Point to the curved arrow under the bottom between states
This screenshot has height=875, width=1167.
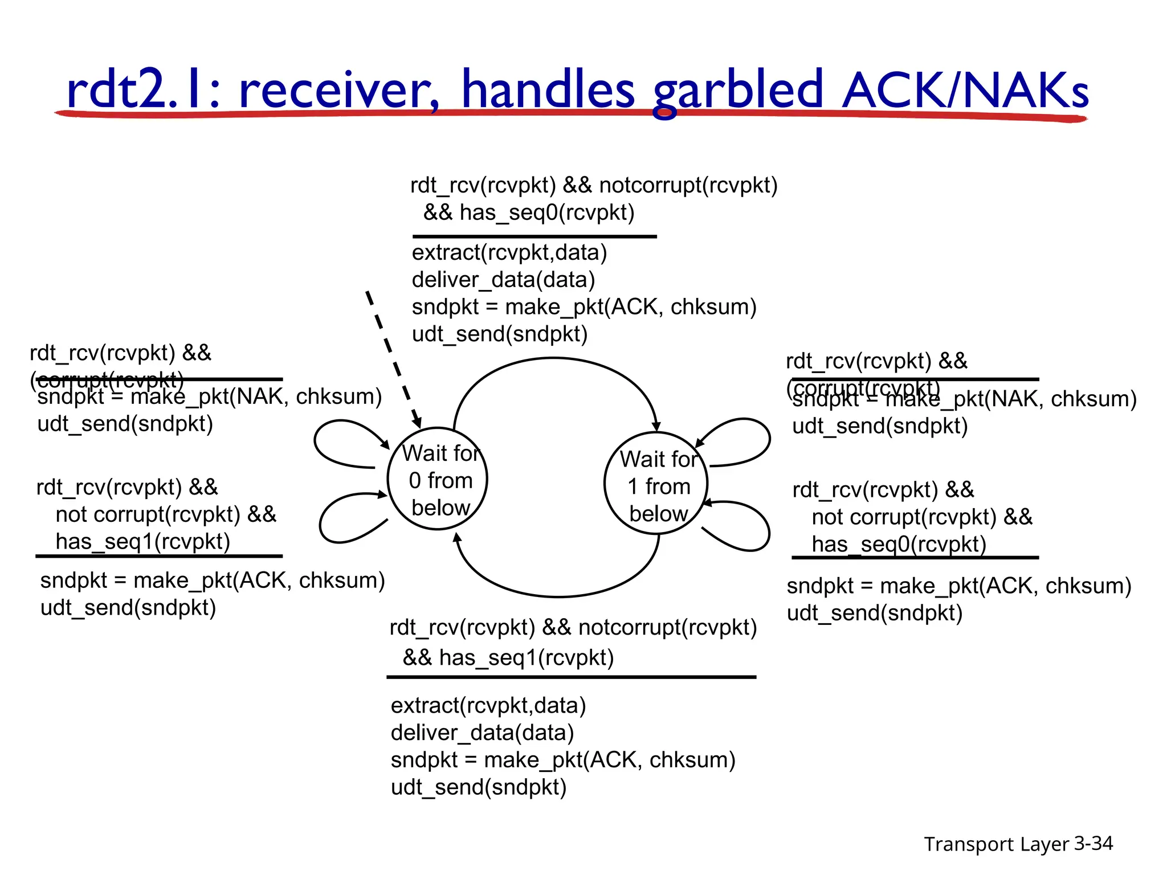[x=558, y=596]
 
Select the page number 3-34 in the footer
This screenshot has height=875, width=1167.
[x=1093, y=843]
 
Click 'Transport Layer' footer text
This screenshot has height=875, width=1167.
[x=996, y=844]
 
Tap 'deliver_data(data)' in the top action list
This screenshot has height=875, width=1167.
[x=503, y=280]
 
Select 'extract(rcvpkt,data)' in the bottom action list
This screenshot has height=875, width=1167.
[x=488, y=705]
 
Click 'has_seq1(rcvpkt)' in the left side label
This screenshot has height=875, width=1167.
[x=142, y=541]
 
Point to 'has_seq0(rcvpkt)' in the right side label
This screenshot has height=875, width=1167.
[x=899, y=545]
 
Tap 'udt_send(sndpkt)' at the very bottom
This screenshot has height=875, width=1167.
[x=479, y=787]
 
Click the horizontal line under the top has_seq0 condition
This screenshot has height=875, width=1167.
[x=534, y=236]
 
